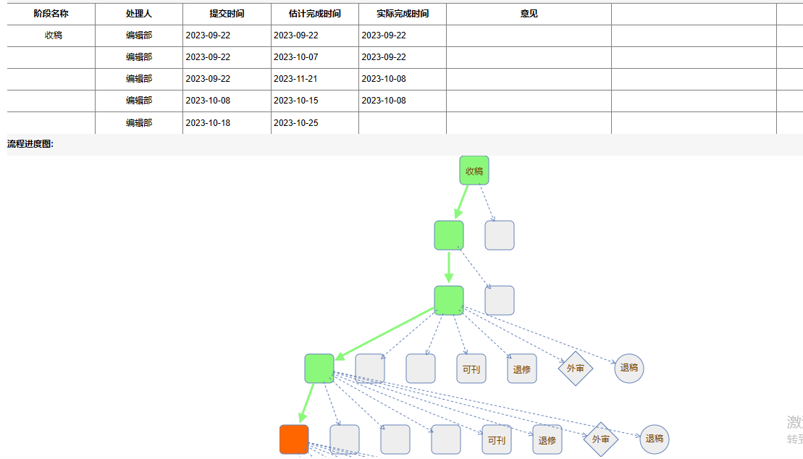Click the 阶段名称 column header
pyautogui.click(x=51, y=14)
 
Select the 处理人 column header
pyautogui.click(x=139, y=14)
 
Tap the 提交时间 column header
pyautogui.click(x=227, y=14)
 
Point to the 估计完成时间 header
pyautogui.click(x=314, y=14)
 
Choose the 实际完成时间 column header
pyautogui.click(x=403, y=14)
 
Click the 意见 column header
pyautogui.click(x=529, y=14)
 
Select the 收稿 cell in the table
pyautogui.click(x=54, y=35)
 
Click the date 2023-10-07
pyautogui.click(x=296, y=57)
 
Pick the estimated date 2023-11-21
pyautogui.click(x=296, y=79)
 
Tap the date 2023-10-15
pyautogui.click(x=296, y=101)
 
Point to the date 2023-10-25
pyautogui.click(x=296, y=123)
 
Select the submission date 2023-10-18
pyautogui.click(x=208, y=123)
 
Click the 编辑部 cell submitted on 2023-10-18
pyautogui.click(x=139, y=123)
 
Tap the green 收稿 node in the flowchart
pyautogui.click(x=474, y=171)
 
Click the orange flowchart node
pyautogui.click(x=294, y=439)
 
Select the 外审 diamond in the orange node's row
pyautogui.click(x=601, y=439)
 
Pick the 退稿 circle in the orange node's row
pyautogui.click(x=655, y=439)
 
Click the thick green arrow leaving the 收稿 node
pyautogui.click(x=462, y=202)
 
